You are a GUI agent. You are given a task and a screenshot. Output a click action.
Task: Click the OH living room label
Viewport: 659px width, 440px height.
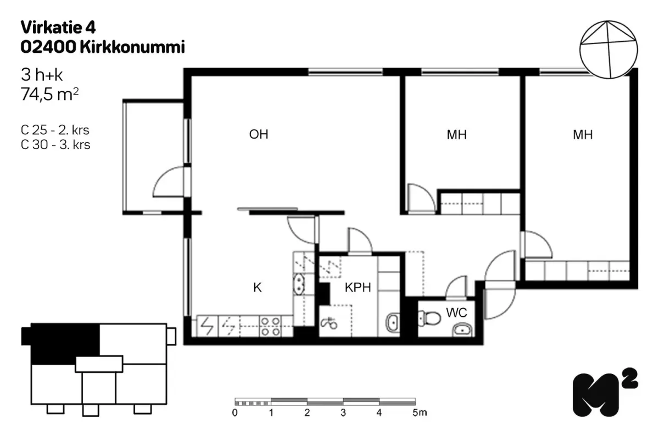point(259,134)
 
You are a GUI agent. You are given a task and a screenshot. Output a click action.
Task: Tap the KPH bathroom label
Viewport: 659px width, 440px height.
point(358,287)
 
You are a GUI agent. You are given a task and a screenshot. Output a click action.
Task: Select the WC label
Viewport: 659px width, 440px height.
point(456,313)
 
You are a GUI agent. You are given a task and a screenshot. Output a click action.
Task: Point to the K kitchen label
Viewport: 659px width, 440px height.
point(258,287)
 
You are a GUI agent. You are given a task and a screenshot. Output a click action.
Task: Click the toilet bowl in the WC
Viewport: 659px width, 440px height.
point(429,318)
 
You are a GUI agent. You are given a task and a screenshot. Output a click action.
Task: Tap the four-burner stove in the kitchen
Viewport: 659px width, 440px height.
point(270,326)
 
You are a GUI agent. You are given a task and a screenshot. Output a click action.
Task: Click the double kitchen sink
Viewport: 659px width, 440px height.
point(299,284)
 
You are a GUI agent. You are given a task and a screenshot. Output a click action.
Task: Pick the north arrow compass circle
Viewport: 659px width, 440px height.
point(608,50)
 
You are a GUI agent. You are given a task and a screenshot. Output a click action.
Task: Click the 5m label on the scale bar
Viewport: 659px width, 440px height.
point(420,413)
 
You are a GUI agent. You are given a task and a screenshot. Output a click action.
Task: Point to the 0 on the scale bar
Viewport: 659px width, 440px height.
point(235,413)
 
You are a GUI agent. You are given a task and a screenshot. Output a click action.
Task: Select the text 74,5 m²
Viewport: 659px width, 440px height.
point(50,94)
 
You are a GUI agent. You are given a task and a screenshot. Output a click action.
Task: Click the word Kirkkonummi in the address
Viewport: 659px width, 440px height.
point(132,47)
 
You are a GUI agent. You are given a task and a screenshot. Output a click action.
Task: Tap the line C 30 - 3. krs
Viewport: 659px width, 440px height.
point(55,145)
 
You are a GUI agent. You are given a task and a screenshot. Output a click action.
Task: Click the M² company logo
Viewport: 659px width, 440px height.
point(605,392)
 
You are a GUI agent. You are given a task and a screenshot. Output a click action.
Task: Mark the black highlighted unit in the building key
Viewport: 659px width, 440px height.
point(65,344)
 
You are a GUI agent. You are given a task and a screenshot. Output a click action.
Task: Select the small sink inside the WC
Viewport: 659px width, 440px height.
point(462,330)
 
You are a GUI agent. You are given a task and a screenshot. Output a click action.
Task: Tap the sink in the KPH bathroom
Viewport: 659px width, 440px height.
point(393,323)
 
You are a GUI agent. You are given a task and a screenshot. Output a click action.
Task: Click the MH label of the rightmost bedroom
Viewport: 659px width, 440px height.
point(583,135)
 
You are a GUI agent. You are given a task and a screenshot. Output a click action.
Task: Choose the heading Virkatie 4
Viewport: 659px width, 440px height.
point(58,28)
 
